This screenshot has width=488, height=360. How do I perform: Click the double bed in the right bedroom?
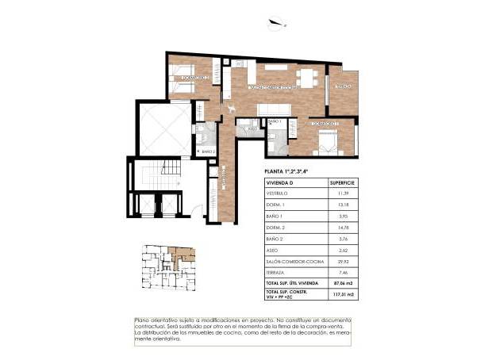pos(327,141)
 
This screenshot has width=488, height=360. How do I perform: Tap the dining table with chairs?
pos(305,77)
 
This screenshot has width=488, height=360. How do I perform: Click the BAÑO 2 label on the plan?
pos(209,151)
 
